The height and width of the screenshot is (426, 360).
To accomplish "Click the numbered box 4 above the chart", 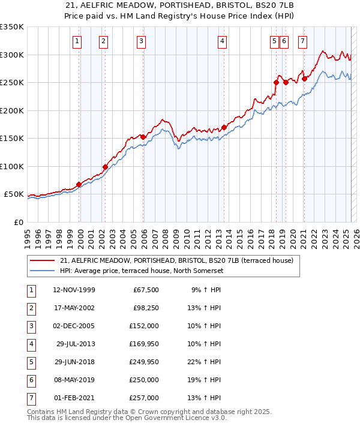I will tap(222, 41).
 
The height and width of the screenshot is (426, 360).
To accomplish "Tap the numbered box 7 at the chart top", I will tap(302, 41).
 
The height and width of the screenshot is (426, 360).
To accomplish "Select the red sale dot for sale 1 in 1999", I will tap(79, 184).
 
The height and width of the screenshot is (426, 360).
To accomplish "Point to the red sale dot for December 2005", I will tap(143, 137).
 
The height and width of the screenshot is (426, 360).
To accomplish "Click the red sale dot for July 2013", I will tap(224, 127).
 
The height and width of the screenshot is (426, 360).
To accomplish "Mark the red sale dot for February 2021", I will tap(304, 79).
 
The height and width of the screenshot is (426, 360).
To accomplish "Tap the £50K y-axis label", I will tap(13, 194).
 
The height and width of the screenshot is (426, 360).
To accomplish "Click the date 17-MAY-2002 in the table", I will tap(74, 308).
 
